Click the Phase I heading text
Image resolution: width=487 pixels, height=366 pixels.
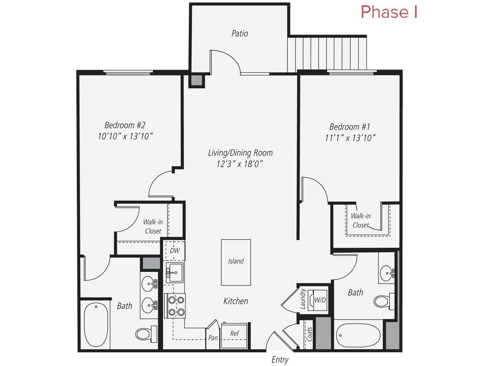coord(389,12)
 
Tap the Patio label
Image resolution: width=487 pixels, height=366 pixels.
coord(239,33)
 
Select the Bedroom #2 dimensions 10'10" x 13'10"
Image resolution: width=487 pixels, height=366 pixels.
coord(126,136)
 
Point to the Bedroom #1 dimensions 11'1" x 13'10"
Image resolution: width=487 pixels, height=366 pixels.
coord(349,138)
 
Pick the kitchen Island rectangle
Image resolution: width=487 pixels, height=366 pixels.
coord(236,262)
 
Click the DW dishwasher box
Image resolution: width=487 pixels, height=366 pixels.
coord(174,250)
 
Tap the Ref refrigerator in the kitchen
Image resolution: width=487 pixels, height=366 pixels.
coord(234,334)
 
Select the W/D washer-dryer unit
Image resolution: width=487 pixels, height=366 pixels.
coord(319,300)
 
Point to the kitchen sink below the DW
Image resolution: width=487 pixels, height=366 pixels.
coord(174,273)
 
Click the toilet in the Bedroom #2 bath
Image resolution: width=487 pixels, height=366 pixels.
coord(144,333)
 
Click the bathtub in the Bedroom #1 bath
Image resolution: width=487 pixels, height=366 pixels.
coord(358,335)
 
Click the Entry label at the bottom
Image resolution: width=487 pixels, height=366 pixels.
coord(280,359)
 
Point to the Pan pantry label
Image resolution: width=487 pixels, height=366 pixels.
coord(213,337)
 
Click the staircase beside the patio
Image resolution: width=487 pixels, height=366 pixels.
coord(327,53)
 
